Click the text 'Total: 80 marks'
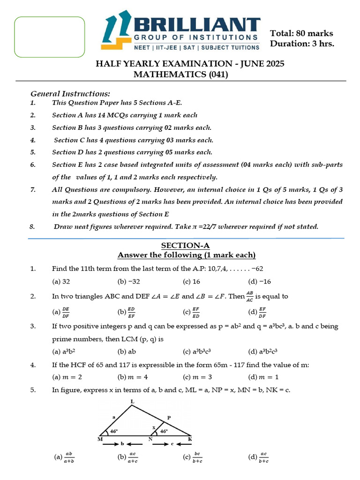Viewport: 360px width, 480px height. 301,33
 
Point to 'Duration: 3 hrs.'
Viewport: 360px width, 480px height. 302,44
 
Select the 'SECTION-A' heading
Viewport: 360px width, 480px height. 186,245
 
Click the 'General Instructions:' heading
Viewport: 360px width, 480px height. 70,93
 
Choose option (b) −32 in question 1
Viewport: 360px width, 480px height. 129,282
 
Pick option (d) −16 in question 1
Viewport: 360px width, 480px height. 260,282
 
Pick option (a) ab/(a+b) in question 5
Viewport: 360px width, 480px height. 64,457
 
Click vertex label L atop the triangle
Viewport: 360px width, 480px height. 132,402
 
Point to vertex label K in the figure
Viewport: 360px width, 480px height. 190,439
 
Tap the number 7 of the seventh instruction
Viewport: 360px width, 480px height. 32,189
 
